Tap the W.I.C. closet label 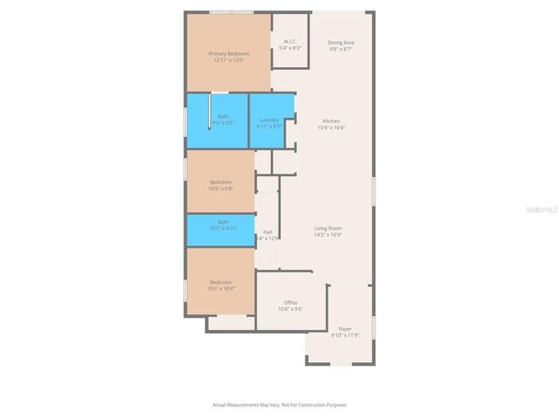(x=291, y=42)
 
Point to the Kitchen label (x=331, y=120)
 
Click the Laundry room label (x=269, y=120)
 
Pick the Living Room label (x=328, y=229)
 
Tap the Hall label (x=267, y=231)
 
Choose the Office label (x=290, y=302)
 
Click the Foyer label (x=345, y=329)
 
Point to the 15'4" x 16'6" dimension (x=331, y=127)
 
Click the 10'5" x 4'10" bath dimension (x=223, y=229)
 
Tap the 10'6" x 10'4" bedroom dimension (x=220, y=288)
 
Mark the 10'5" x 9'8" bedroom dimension (x=220, y=188)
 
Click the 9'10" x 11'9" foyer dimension (x=345, y=335)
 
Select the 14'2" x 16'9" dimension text (x=328, y=235)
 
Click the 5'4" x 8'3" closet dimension (x=291, y=48)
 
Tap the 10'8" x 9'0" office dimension (x=290, y=308)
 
